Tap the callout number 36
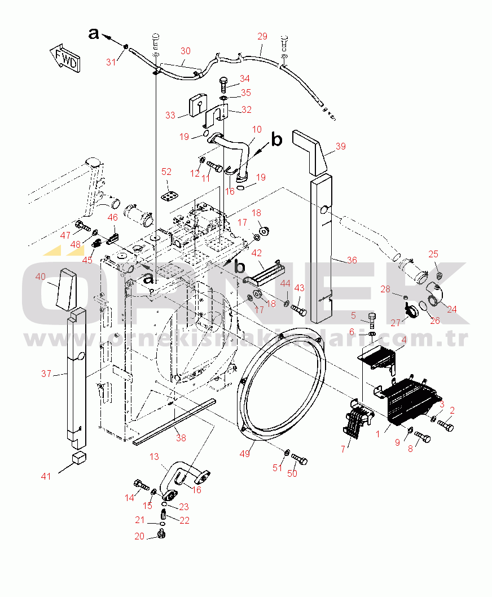[352, 260]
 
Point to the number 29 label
[262, 36]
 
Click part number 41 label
[46, 476]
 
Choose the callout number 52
[166, 172]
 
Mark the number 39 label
[340, 147]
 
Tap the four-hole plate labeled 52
[169, 195]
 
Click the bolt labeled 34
[224, 85]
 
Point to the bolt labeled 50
[300, 460]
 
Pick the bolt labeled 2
[445, 426]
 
